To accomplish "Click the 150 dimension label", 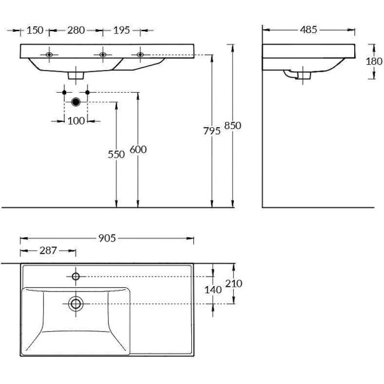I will coord(35,30).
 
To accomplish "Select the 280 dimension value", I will coord(76,30).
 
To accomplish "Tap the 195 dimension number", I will coord(121,30).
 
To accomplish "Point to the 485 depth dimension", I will coord(309,29).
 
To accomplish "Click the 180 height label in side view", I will coord(374,61).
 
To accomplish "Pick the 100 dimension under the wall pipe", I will coord(76,120).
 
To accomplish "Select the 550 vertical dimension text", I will coord(117,154).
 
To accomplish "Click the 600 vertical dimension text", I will coord(138,150).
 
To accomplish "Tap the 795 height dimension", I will coord(212,131).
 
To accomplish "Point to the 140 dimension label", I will coord(213,289).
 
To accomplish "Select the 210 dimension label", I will coord(234,283).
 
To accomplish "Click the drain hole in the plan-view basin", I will coord(76,303).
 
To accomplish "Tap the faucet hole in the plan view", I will coord(76,275).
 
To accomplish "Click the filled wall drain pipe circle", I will coord(76,102).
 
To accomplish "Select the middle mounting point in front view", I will coord(103,54).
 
